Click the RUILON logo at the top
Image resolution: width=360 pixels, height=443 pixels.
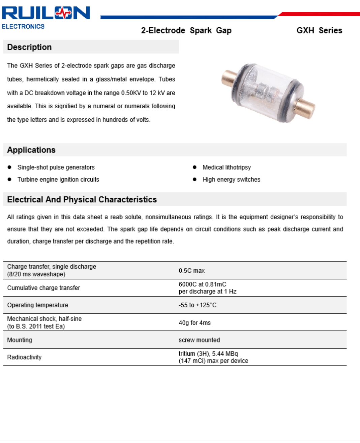click(x=46, y=13)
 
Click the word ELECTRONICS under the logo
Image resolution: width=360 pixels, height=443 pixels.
click(x=23, y=27)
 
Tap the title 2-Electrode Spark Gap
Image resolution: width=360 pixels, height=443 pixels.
click(x=186, y=30)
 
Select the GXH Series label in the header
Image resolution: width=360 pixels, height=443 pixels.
click(x=319, y=30)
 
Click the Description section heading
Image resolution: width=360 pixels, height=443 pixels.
click(x=29, y=47)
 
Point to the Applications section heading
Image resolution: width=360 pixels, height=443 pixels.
click(x=31, y=150)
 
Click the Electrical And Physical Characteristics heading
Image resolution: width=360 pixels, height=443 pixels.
click(x=82, y=199)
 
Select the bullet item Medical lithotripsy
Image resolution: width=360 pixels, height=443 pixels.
click(x=227, y=167)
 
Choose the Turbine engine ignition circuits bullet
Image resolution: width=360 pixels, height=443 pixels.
click(x=58, y=179)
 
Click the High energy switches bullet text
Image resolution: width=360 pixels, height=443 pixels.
click(x=231, y=179)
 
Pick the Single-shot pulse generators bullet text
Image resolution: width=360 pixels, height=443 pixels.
click(x=56, y=167)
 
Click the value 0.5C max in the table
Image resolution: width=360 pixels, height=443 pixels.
click(x=191, y=271)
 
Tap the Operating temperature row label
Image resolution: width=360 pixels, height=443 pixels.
click(x=37, y=305)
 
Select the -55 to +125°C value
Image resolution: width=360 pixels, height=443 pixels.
click(x=198, y=305)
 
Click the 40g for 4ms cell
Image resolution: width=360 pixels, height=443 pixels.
click(x=194, y=323)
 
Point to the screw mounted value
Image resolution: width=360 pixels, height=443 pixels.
click(x=199, y=340)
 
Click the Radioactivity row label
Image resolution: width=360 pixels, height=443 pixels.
click(x=24, y=357)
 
